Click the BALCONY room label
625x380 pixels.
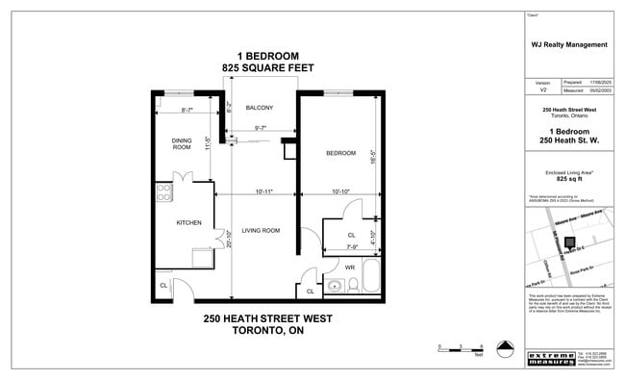tap(260, 108)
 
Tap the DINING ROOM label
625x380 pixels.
tap(181, 143)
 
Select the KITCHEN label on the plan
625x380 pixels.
tap(188, 223)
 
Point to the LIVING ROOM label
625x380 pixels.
tap(261, 231)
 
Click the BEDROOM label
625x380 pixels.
tap(340, 153)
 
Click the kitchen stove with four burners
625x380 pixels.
tap(162, 191)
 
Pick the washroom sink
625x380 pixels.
tap(335, 286)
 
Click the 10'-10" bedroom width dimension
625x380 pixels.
tap(340, 192)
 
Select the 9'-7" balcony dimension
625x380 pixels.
tap(261, 128)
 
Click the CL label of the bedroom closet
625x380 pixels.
tap(351, 234)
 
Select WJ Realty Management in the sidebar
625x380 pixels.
tap(569, 44)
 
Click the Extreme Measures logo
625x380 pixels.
tap(551, 359)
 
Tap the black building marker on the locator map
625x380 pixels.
tap(568, 242)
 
